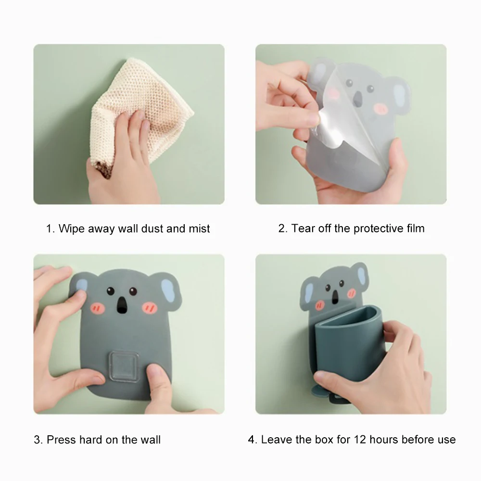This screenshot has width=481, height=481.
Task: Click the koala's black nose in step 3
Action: click(x=122, y=304)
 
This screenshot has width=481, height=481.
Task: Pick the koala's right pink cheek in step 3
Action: click(x=150, y=308)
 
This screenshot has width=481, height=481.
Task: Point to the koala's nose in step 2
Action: click(x=358, y=99)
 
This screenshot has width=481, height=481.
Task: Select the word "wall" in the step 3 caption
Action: click(x=150, y=440)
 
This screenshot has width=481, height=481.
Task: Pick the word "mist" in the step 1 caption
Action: click(x=199, y=228)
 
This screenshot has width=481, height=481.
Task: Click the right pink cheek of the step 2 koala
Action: click(x=381, y=108)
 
